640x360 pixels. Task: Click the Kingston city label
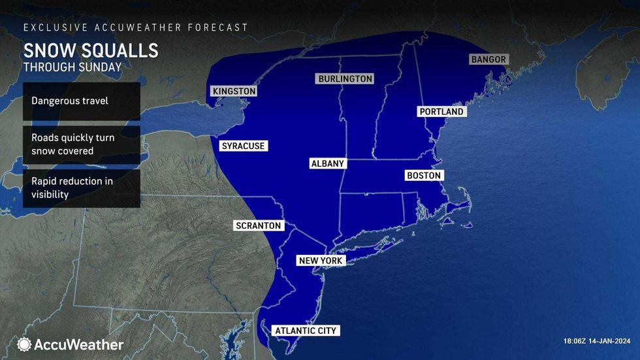(234, 91)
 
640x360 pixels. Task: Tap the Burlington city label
(345, 79)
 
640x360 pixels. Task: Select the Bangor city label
(488, 59)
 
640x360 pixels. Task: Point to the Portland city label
(441, 112)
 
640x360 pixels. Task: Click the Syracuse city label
(243, 146)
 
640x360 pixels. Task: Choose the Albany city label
(327, 163)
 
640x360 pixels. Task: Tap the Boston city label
(424, 175)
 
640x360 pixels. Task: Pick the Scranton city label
(259, 225)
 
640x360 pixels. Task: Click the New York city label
(320, 261)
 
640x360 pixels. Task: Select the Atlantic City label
(306, 331)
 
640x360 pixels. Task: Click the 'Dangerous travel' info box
(82, 101)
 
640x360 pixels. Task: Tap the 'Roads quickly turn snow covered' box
(82, 145)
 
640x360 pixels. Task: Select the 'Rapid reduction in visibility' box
(82, 189)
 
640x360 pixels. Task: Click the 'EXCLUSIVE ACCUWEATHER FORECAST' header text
(136, 27)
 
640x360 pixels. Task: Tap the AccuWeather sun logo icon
(25, 344)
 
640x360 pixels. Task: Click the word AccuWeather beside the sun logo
(79, 344)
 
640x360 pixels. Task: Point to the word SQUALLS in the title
(120, 51)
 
